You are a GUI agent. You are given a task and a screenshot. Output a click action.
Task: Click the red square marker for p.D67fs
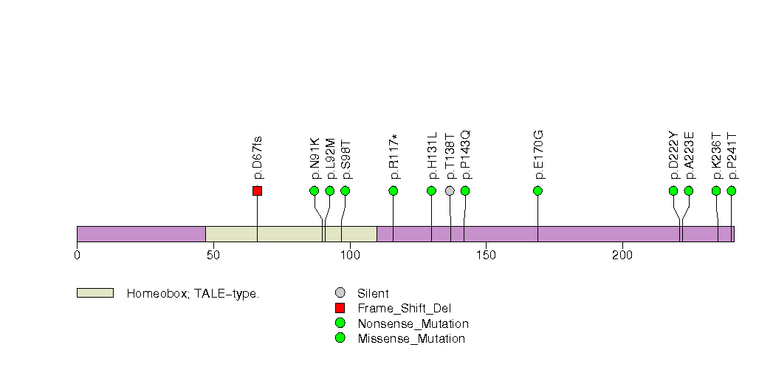[x=257, y=191]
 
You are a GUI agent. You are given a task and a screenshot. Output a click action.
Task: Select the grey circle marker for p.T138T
[x=450, y=191]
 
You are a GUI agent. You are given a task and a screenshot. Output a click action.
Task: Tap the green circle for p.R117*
[x=394, y=191]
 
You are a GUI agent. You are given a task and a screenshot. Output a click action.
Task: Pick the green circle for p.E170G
[x=537, y=191]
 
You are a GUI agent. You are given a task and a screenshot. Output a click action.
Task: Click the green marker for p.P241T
[x=732, y=191]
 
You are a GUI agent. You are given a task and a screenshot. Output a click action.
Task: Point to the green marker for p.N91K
[x=315, y=191]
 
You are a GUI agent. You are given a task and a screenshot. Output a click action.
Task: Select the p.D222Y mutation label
[x=673, y=156]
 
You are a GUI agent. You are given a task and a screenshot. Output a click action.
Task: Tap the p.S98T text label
[x=346, y=159]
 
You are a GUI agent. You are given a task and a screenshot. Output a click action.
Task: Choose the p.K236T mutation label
[x=716, y=157]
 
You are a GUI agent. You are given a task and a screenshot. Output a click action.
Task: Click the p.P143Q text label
[x=465, y=155]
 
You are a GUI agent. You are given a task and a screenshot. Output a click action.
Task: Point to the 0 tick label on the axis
[x=77, y=255]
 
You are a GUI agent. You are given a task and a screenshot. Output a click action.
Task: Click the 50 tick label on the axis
[x=213, y=255]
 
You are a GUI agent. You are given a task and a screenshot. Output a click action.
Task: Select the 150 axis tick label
[x=486, y=255]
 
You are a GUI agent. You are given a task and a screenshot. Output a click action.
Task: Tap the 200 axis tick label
[x=622, y=255]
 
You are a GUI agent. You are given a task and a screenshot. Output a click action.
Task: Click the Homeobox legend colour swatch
[x=95, y=293]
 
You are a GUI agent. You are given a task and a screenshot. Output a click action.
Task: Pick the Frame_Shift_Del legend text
[x=404, y=309]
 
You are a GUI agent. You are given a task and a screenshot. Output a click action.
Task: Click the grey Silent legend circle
[x=340, y=293]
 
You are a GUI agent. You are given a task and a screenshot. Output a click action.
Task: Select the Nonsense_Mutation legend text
[x=413, y=323]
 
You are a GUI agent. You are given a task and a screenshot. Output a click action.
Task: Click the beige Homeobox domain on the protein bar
[x=291, y=234]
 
